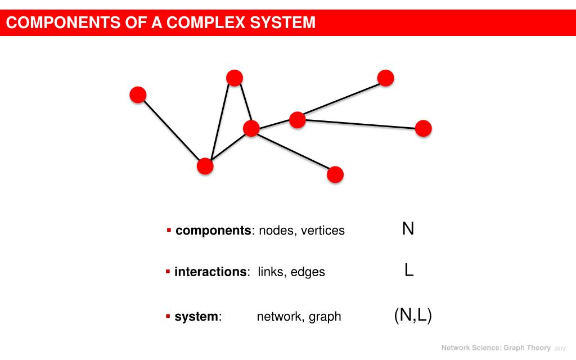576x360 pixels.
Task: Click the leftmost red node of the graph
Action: point(138,94)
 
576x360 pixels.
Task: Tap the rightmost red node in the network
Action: point(423,128)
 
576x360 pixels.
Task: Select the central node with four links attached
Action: point(251,128)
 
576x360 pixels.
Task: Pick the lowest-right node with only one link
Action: point(335,174)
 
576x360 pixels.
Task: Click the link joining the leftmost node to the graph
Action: point(172,130)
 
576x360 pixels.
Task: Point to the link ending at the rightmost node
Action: point(360,124)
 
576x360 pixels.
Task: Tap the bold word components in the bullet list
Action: point(213,231)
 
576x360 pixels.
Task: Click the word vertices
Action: point(323,231)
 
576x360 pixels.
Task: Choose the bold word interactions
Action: point(211,272)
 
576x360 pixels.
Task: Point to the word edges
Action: point(308,272)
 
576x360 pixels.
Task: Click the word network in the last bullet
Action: point(280,317)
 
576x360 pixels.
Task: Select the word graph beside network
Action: point(326,317)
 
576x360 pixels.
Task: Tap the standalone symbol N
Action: point(408,229)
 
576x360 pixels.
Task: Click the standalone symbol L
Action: point(409,271)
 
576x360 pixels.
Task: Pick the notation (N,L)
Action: point(413,316)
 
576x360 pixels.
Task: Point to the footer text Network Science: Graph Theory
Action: point(496,348)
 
